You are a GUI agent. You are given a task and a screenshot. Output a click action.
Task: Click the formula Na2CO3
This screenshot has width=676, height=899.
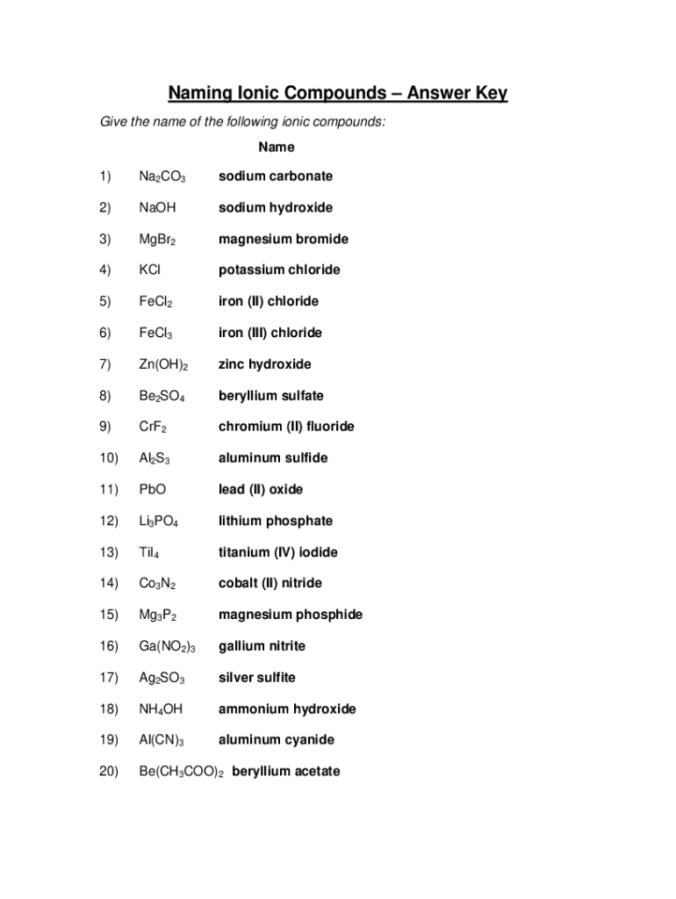tap(162, 176)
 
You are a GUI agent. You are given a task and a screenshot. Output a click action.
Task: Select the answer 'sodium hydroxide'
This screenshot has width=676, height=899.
tap(276, 208)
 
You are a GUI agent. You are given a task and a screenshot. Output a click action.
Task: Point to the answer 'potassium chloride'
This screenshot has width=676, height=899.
tap(279, 270)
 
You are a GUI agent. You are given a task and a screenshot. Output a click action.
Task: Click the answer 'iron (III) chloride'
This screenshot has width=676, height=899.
tap(270, 333)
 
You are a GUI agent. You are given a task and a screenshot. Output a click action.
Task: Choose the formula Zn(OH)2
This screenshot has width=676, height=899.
tap(163, 364)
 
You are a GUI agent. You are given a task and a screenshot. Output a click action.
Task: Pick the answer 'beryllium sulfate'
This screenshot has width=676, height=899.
tap(270, 396)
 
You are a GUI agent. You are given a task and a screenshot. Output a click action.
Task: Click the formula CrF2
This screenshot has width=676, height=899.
tap(153, 428)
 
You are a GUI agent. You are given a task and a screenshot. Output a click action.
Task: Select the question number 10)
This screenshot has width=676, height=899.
tap(109, 458)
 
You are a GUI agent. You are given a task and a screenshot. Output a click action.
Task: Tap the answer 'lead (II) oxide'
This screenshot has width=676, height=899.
tap(260, 490)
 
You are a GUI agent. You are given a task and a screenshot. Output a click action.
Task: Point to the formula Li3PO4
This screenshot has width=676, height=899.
tap(159, 521)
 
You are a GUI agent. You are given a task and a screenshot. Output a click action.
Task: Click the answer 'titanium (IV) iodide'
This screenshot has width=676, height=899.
tap(277, 553)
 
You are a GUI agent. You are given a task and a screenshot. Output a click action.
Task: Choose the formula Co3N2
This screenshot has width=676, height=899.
tap(157, 584)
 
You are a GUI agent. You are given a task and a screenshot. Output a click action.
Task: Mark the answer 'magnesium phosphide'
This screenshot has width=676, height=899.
tap(290, 615)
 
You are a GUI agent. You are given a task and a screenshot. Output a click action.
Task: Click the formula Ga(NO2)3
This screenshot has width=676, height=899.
tap(167, 647)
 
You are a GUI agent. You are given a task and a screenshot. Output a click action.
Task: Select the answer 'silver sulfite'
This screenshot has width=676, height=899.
tap(256, 678)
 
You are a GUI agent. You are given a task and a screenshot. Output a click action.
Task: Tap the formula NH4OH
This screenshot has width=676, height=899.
tap(160, 709)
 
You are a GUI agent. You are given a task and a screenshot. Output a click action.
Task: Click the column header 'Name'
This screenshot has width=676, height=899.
tap(276, 147)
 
